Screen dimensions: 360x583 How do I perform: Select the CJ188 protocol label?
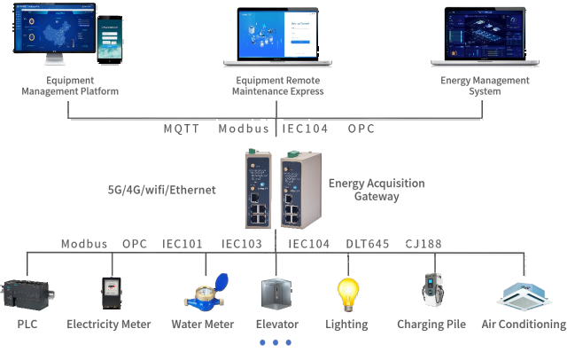[x=424, y=244]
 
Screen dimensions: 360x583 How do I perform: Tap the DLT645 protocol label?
[x=367, y=244]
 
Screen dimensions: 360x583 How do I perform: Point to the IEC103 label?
[x=241, y=244]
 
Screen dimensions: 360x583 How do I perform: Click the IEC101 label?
[x=183, y=244]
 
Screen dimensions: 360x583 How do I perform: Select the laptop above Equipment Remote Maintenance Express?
[x=277, y=36]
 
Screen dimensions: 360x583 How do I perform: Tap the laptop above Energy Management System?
[x=485, y=37]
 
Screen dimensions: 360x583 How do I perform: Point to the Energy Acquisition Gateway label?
[x=376, y=190]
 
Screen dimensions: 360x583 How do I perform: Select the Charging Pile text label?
[x=431, y=325]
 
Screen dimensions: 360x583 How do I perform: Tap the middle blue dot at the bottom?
[x=275, y=342]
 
